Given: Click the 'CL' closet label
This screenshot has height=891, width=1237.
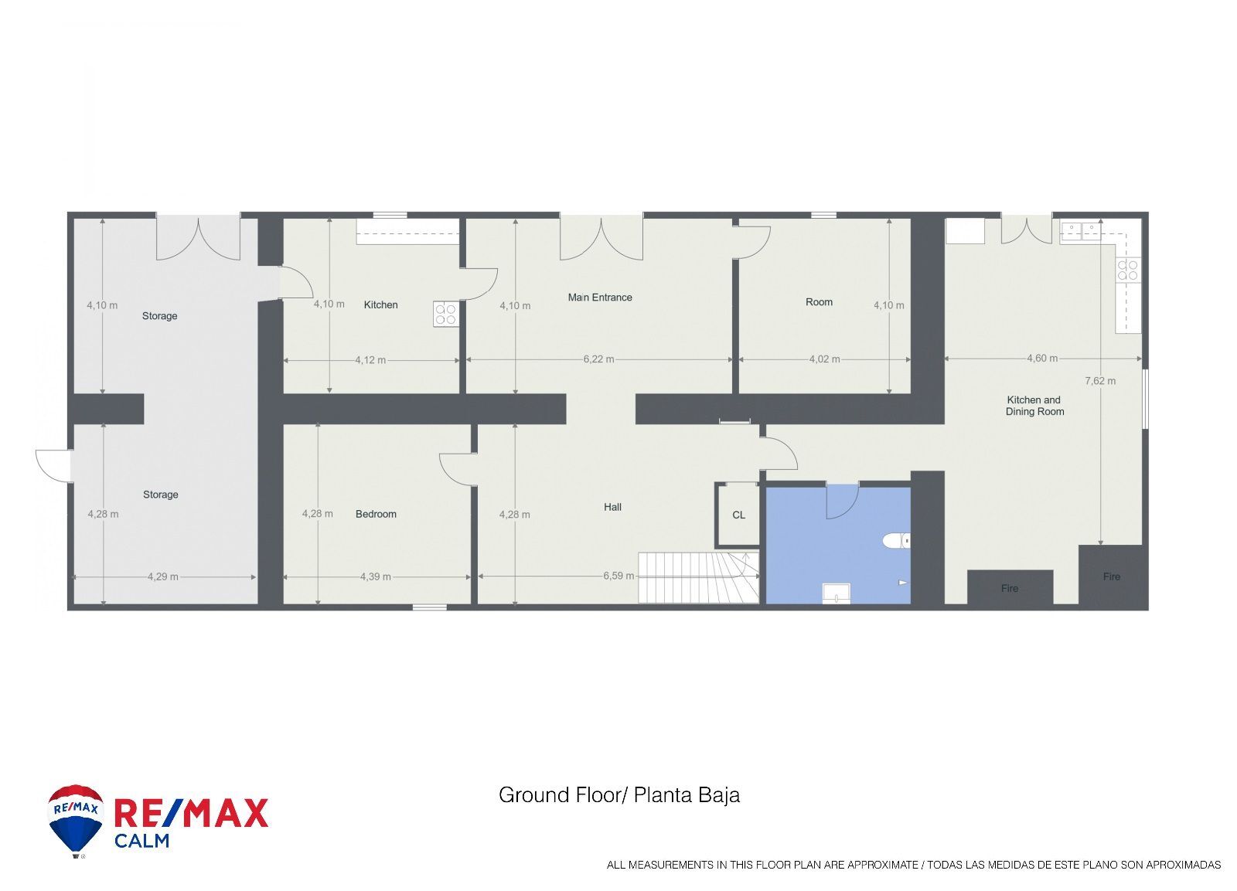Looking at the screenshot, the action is [738, 515].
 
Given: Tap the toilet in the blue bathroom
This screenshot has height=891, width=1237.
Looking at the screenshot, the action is [896, 540].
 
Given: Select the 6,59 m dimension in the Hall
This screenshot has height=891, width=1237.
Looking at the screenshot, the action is [618, 576].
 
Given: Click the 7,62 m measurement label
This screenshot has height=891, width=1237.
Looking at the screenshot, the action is [1100, 381].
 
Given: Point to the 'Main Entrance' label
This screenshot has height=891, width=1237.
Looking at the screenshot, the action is [600, 298].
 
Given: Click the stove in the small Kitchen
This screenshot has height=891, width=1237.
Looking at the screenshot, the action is [445, 314].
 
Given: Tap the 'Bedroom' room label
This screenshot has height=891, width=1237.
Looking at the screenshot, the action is [376, 514].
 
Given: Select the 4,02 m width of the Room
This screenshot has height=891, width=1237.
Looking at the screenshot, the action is [824, 359].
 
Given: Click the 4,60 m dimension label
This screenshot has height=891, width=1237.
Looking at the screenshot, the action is [1042, 359].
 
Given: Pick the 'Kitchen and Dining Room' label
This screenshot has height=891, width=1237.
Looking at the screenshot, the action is [1034, 406].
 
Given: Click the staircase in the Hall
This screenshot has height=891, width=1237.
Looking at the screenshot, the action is [699, 577].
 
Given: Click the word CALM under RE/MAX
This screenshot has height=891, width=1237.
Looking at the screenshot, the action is [142, 841].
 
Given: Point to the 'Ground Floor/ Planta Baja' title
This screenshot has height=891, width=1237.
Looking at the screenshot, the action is [619, 795].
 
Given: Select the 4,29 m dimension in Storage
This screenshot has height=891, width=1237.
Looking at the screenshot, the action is [163, 577].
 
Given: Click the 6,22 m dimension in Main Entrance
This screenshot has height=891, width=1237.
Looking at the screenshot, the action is [598, 359].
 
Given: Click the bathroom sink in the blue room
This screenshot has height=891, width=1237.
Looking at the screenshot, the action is [837, 593].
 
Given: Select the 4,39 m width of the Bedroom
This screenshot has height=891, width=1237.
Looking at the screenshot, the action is [376, 577].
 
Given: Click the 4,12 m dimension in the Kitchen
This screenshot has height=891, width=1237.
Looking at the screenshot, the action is [370, 360].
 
